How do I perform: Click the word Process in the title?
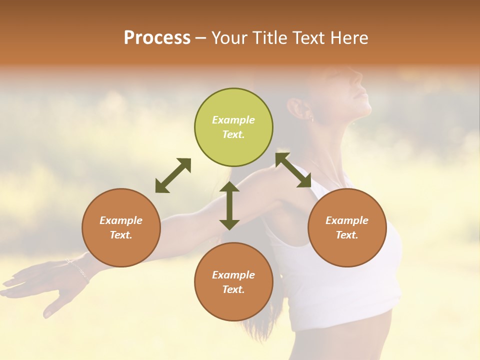(x=157, y=38)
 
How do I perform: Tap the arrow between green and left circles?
(x=173, y=175)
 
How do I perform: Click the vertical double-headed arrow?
(x=229, y=205)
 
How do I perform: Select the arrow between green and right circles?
(x=293, y=170)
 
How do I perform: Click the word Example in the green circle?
(x=233, y=120)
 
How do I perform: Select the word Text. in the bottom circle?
(x=233, y=289)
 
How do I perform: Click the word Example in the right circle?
(x=347, y=220)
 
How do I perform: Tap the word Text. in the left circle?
(x=121, y=235)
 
